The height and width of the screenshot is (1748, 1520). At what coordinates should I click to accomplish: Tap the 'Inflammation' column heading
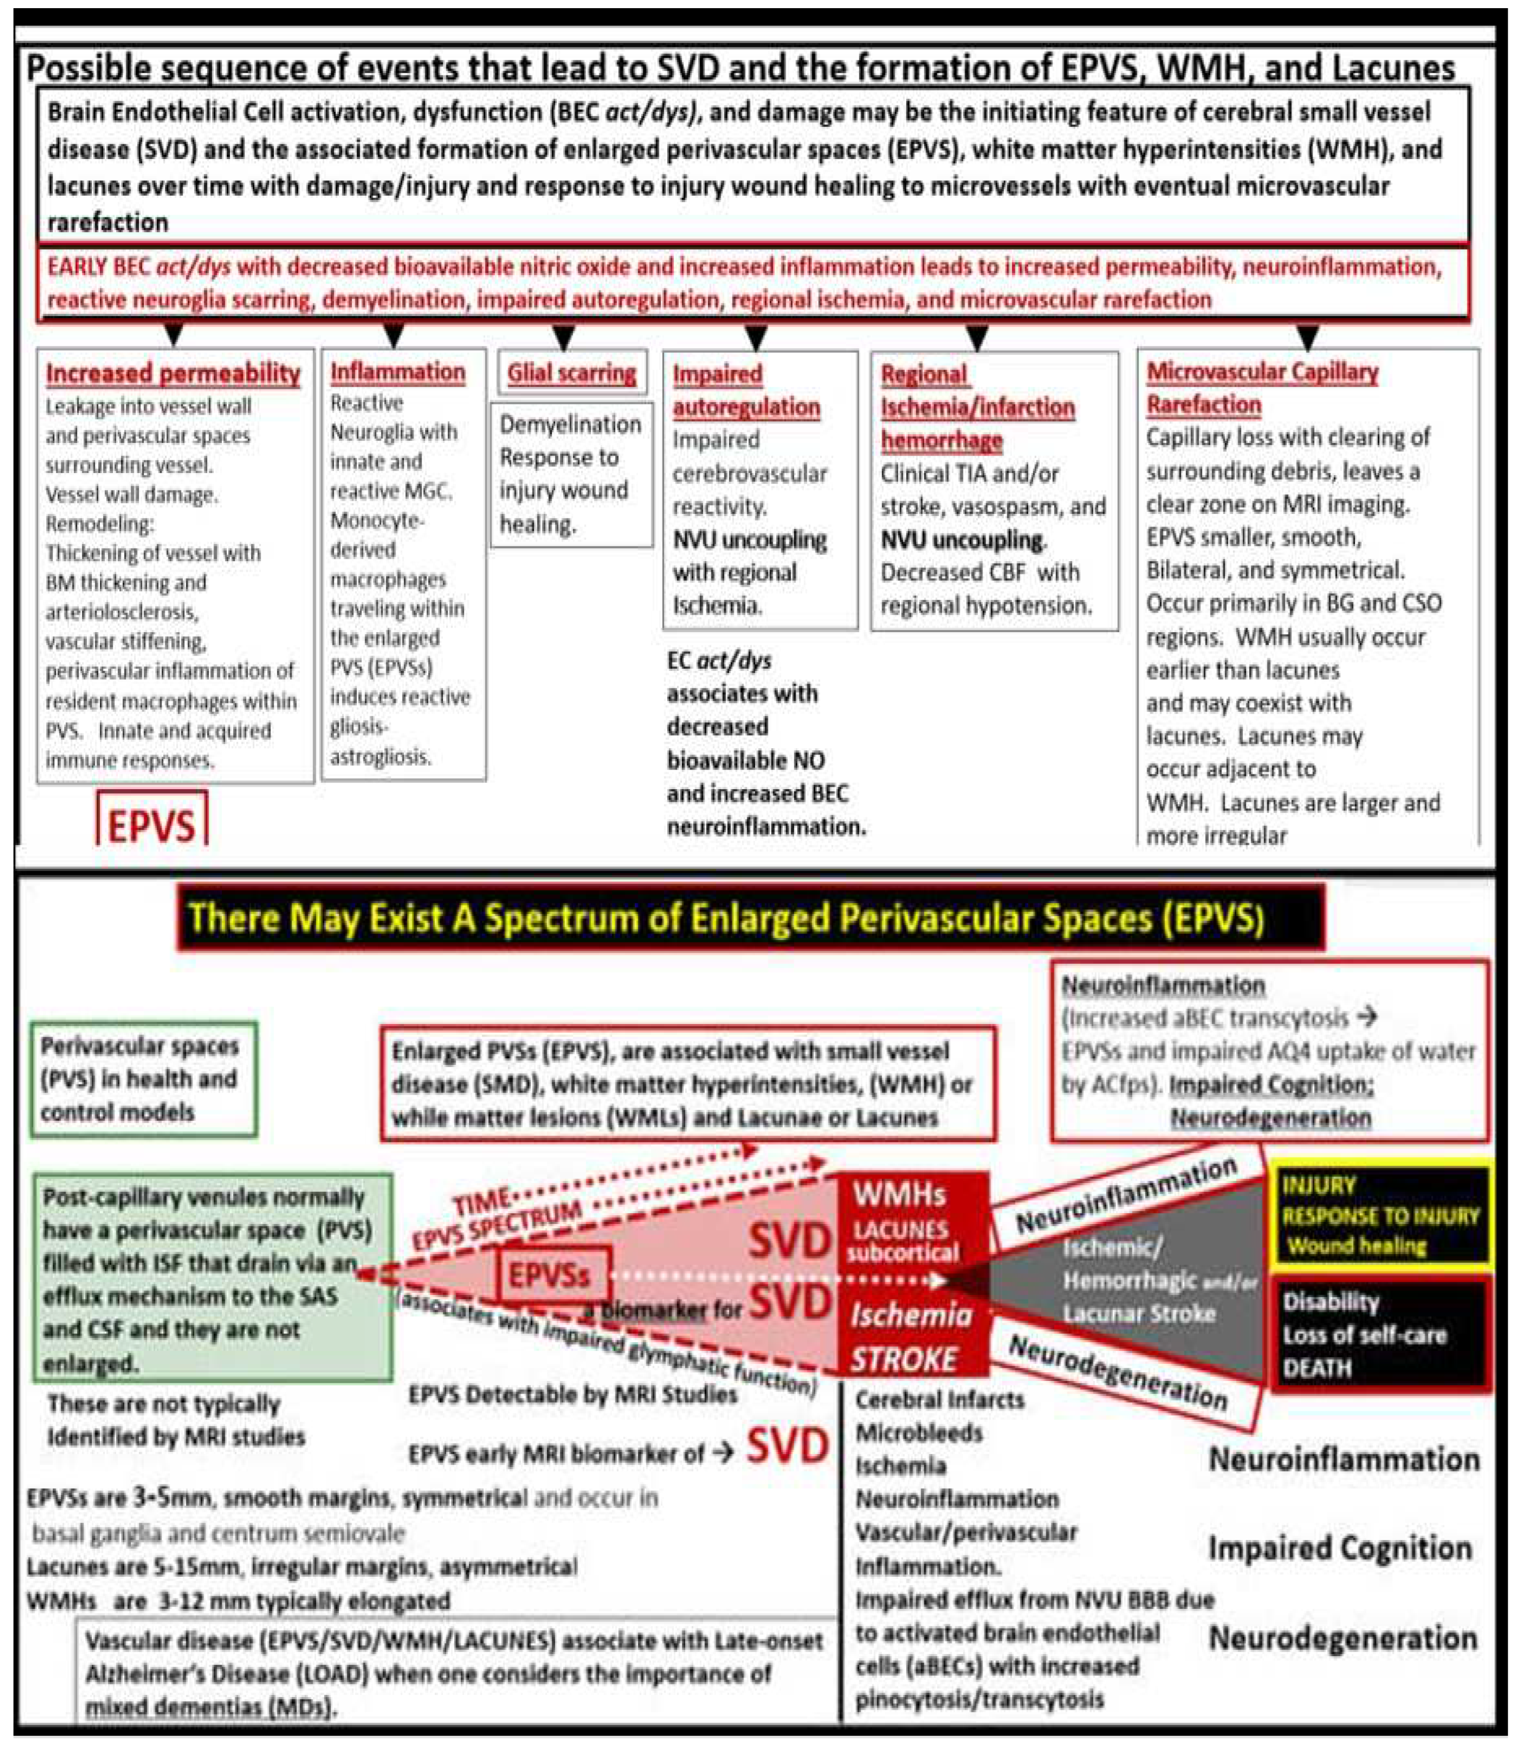(398, 372)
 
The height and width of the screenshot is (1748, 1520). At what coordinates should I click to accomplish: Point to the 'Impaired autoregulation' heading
(746, 390)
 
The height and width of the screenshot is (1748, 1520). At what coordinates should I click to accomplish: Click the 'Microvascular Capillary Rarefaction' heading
(1262, 387)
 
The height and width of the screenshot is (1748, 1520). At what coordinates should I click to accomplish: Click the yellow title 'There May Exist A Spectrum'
(725, 918)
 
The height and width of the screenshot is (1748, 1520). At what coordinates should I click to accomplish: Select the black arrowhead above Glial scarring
(564, 337)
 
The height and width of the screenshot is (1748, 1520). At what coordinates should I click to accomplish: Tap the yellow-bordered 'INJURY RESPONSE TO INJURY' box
(1379, 1214)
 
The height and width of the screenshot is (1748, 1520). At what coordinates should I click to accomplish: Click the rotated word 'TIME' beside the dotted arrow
(482, 1203)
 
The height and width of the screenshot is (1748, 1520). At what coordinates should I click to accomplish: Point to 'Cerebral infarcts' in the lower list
(939, 1399)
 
